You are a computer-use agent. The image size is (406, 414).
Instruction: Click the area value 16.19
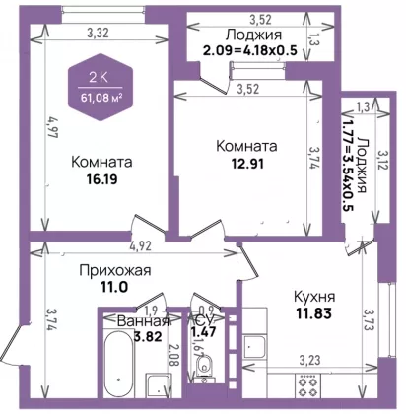pos(101,179)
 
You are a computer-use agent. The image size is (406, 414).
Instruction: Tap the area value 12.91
pos(247,164)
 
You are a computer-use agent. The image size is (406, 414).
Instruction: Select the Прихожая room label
pos(115,271)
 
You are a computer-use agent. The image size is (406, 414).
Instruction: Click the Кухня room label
pos(314,297)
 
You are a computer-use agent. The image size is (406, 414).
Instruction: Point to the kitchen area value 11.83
pos(314,313)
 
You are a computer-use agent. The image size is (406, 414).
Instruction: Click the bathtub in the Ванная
pos(118,364)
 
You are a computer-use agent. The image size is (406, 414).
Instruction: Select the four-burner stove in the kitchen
pos(306,385)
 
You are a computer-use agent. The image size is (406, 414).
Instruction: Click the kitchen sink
pos(254,347)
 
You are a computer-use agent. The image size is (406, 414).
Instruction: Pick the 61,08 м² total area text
pos(101,98)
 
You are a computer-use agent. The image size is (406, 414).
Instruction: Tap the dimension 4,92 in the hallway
pos(141,246)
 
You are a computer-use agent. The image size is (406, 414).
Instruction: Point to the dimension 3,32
pos(98,33)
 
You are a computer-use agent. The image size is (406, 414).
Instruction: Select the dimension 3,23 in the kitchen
pos(309,360)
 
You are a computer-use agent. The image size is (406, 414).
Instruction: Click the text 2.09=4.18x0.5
pos(250,50)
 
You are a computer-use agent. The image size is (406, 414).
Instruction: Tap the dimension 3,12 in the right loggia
pos(382,160)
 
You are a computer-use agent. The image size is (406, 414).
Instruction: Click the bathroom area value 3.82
pos(148,336)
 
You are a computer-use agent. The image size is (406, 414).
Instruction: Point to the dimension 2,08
pos(174,355)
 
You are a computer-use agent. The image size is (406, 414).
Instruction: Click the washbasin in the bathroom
pos(159,385)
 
